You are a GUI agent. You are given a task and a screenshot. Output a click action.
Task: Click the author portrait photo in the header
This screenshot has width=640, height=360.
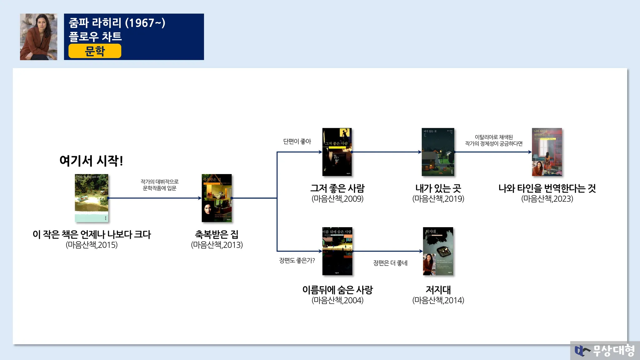click(38, 37)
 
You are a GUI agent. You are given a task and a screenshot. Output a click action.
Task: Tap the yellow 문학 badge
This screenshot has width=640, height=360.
click(95, 51)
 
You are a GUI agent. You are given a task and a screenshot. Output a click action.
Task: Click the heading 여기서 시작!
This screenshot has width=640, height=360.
click(91, 161)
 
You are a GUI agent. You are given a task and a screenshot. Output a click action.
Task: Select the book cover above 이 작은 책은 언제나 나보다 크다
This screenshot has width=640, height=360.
click(92, 198)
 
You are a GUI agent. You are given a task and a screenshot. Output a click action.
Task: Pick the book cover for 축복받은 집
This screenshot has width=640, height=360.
click(217, 198)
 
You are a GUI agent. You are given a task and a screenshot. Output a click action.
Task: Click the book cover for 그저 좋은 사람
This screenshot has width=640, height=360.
click(337, 152)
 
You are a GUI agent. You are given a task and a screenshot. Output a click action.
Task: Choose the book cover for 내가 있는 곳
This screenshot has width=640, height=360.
click(438, 152)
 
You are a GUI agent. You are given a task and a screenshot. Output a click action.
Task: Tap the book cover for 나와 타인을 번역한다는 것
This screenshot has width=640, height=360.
click(547, 152)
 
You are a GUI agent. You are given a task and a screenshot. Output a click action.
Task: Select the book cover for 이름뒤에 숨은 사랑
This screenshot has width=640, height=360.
click(337, 251)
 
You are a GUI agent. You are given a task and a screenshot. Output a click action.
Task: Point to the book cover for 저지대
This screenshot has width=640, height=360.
click(438, 251)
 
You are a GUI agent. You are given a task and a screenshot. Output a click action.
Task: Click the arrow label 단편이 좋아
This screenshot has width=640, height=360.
click(297, 142)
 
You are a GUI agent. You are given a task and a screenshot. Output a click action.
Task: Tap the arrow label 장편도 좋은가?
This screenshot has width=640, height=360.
click(297, 260)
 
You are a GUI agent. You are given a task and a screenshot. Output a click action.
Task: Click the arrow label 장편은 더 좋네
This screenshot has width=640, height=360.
click(390, 263)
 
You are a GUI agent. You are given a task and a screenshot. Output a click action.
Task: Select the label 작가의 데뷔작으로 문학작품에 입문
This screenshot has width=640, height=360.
click(160, 185)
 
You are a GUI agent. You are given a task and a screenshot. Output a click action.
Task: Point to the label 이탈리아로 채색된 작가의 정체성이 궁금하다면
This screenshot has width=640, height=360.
click(494, 140)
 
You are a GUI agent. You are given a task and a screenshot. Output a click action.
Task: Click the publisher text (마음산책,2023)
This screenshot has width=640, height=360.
click(547, 199)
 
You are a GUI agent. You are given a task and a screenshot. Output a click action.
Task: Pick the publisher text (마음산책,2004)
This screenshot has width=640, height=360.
click(337, 300)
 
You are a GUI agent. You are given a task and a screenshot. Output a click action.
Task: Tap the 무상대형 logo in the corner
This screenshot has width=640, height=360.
click(605, 350)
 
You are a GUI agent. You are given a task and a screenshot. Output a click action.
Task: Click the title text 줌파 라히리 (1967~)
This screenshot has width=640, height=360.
click(117, 23)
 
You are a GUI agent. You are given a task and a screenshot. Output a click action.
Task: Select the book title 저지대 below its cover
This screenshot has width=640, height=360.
click(438, 290)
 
